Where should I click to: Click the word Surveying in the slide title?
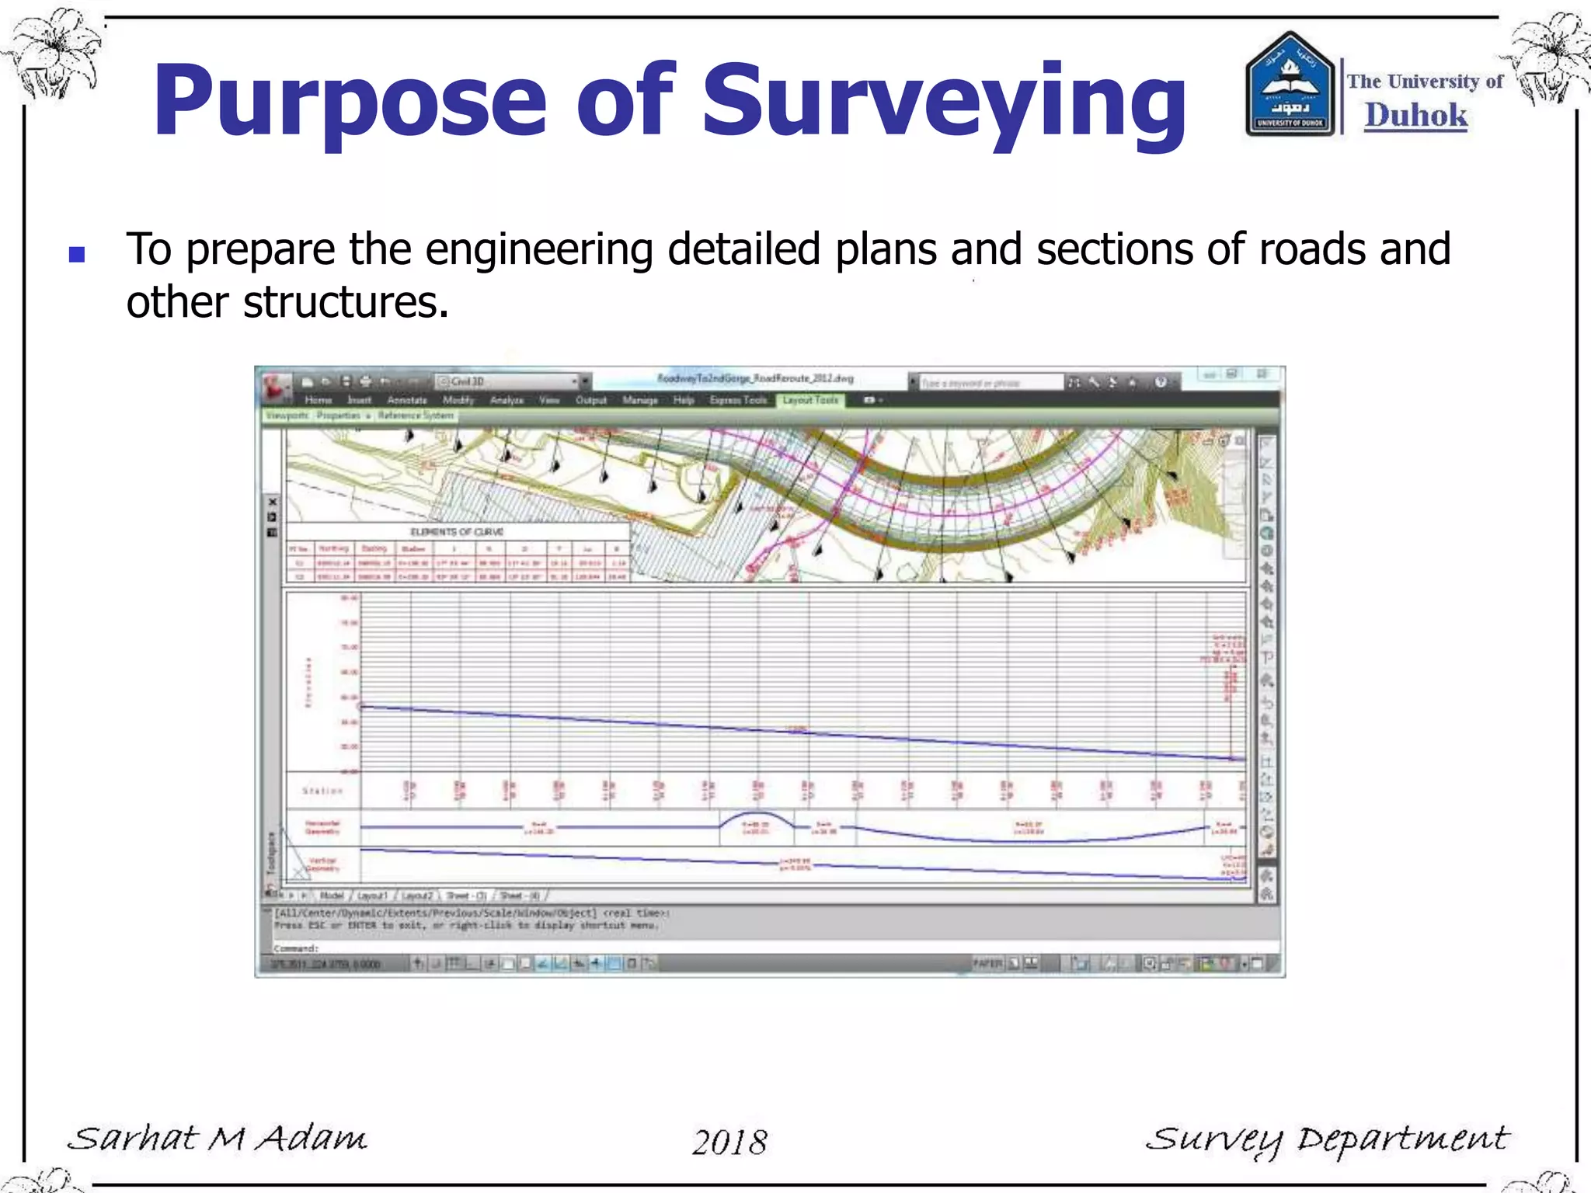point(944,101)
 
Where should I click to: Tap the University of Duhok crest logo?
point(1290,85)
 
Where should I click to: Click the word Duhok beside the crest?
point(1416,116)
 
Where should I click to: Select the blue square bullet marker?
point(77,254)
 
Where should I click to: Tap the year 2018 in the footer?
point(729,1142)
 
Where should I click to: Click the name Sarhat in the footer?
point(133,1139)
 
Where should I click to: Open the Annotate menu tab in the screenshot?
point(407,400)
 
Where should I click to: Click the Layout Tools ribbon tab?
point(810,400)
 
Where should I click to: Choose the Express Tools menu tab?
point(738,400)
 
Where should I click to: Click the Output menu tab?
point(590,400)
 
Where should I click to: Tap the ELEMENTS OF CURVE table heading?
point(457,532)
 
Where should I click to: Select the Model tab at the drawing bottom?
point(332,896)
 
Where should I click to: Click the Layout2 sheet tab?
point(417,896)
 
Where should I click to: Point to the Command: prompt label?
point(296,948)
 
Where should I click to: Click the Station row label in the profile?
point(322,791)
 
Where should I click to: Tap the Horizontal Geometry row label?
point(322,827)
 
